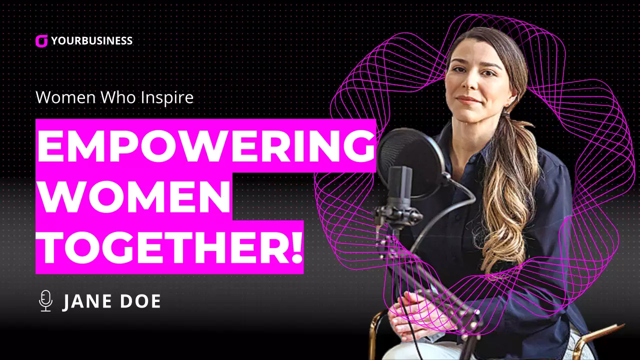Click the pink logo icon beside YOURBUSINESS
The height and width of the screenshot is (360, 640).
(41, 41)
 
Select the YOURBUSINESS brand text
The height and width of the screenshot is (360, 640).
(91, 41)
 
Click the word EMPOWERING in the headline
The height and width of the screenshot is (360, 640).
(205, 146)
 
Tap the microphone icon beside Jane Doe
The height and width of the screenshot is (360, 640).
(45, 301)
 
